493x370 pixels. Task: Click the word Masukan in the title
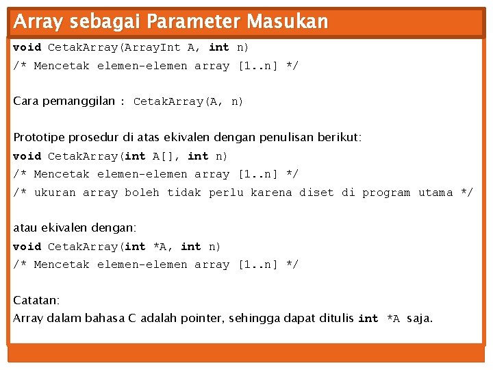(288, 22)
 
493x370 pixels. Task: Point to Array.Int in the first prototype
(151, 47)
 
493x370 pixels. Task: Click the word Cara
(26, 101)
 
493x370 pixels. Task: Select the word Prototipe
(40, 137)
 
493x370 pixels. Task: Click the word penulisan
(285, 137)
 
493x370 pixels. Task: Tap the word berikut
(338, 137)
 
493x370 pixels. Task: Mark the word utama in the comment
(435, 193)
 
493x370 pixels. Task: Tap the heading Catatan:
(36, 300)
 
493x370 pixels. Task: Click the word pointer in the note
(202, 318)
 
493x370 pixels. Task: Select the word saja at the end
(420, 318)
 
